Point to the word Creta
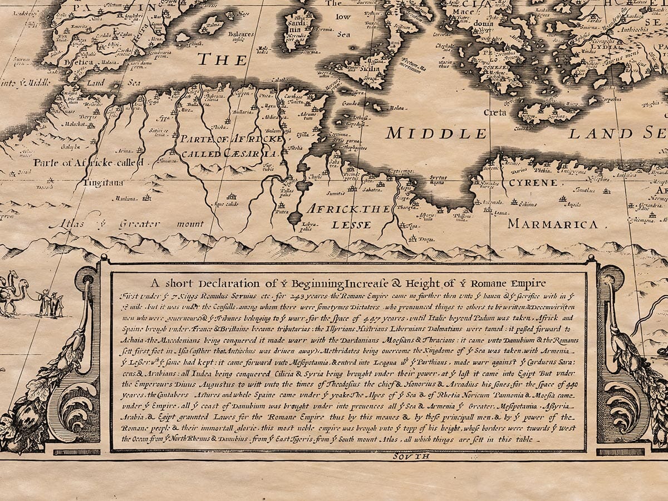point(494,112)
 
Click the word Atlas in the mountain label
point(66,224)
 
